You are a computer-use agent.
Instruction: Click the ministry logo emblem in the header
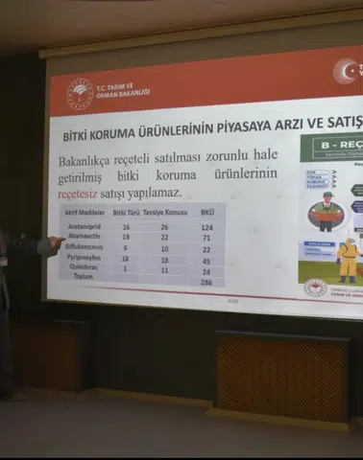click(80, 93)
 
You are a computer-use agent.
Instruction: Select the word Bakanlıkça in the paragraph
click(92, 160)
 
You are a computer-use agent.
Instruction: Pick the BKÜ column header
click(206, 212)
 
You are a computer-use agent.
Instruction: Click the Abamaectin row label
click(85, 237)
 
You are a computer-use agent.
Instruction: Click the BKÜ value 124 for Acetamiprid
click(206, 227)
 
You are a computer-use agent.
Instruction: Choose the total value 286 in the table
click(206, 283)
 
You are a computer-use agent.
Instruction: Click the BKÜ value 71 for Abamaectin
click(206, 238)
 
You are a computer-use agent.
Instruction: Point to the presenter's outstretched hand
click(52, 243)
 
